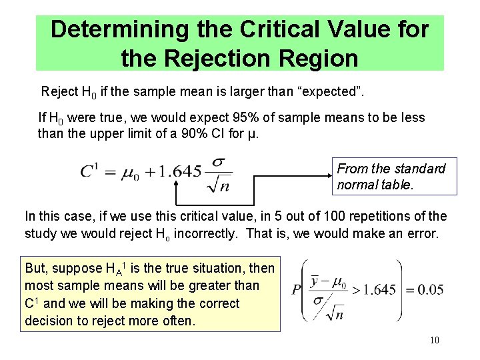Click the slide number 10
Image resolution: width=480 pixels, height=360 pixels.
pos(434,341)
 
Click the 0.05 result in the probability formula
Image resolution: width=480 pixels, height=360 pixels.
pos(425,290)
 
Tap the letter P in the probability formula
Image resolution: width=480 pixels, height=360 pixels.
pos(296,290)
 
